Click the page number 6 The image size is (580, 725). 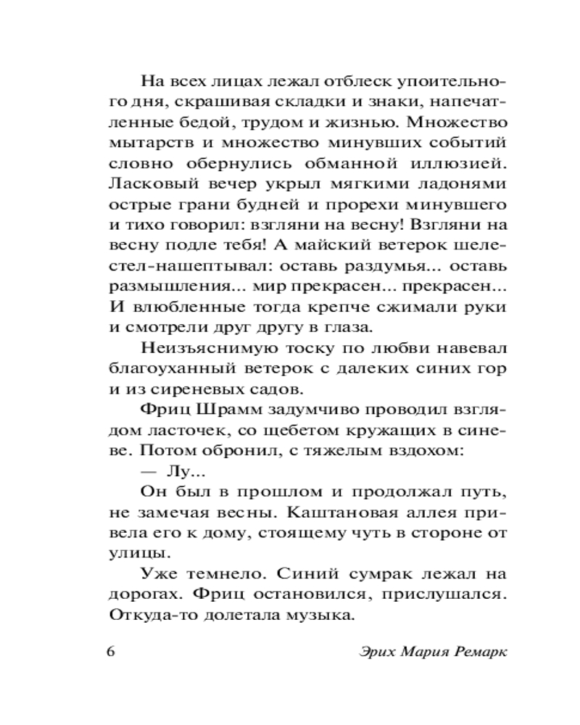(111, 650)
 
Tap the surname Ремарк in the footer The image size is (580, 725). (478, 650)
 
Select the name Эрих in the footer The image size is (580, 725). (377, 650)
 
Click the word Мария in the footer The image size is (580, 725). (423, 650)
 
